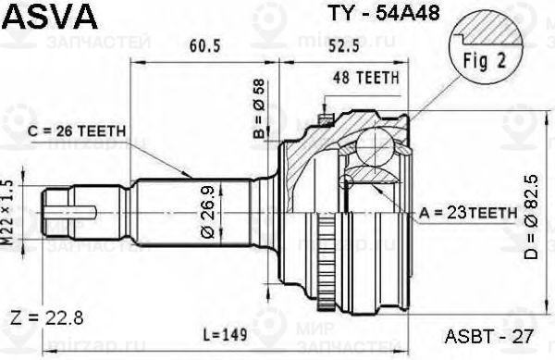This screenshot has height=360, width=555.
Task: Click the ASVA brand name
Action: [x=50, y=16]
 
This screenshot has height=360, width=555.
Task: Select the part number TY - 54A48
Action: [x=385, y=13]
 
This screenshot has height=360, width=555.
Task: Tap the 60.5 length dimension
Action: [x=205, y=45]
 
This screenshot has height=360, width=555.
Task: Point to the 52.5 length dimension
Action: [x=344, y=45]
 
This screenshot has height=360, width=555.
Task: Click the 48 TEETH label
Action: [x=366, y=78]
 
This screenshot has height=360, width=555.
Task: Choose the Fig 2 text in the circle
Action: [x=485, y=60]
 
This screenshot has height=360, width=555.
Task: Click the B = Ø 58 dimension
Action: [x=259, y=108]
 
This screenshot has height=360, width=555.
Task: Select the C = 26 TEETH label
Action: [x=77, y=131]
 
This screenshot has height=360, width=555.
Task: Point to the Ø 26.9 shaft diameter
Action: [x=208, y=212]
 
